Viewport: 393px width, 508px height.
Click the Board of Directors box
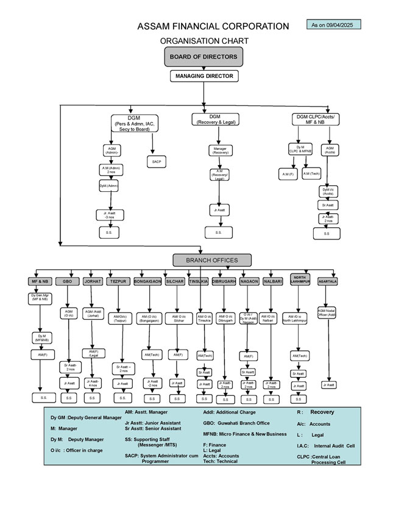tap(204, 57)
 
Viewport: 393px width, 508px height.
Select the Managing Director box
tap(204, 76)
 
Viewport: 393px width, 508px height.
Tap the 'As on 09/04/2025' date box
tap(334, 25)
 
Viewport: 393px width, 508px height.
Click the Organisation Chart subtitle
tap(204, 41)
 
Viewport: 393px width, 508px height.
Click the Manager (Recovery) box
tap(221, 149)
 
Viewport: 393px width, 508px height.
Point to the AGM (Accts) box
tap(330, 149)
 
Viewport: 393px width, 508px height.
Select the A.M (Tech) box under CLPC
tap(311, 174)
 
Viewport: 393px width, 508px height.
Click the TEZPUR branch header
tap(118, 282)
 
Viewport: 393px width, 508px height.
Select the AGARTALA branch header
tap(328, 282)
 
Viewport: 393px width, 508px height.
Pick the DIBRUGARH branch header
tap(224, 282)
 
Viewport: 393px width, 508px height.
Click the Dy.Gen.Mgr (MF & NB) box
tap(39, 298)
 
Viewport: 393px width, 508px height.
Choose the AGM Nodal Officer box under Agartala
tap(327, 312)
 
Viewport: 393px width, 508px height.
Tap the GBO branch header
tap(68, 282)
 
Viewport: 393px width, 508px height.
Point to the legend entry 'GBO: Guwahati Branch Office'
tap(236, 423)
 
